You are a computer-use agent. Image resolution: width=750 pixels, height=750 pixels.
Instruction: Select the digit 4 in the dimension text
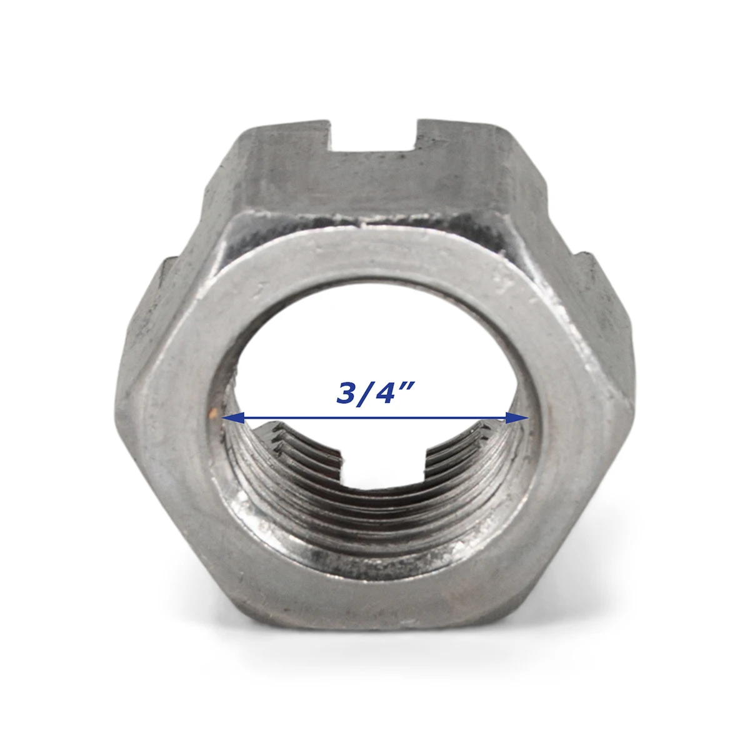[387, 392]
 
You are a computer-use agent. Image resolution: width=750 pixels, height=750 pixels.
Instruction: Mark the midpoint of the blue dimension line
[373, 418]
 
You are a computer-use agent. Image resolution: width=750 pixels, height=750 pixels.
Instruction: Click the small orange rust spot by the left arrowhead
[214, 413]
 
